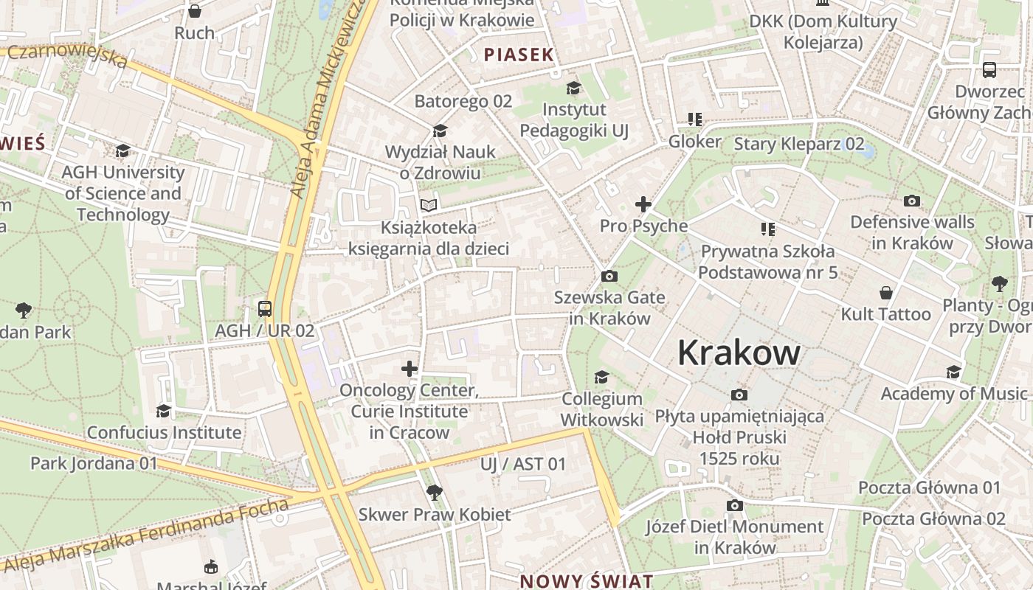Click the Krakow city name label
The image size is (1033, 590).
click(739, 353)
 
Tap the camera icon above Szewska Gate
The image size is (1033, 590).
click(609, 277)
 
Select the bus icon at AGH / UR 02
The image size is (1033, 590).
click(265, 309)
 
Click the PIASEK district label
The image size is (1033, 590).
click(519, 55)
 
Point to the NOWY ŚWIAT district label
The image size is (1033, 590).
click(587, 580)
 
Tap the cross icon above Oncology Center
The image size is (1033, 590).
click(410, 368)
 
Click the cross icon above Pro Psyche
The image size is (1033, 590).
click(643, 204)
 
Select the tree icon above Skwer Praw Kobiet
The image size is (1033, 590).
click(434, 492)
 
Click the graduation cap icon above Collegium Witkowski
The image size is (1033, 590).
click(602, 377)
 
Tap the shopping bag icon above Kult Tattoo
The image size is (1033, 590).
click(885, 294)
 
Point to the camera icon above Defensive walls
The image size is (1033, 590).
click(912, 201)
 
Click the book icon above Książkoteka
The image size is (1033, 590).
click(429, 206)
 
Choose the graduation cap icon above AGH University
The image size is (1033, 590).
click(122, 151)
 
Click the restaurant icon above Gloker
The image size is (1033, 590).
click(694, 119)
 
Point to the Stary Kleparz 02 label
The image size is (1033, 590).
click(798, 144)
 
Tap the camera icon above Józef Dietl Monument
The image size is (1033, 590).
click(734, 505)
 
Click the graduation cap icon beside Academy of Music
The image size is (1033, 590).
click(954, 372)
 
